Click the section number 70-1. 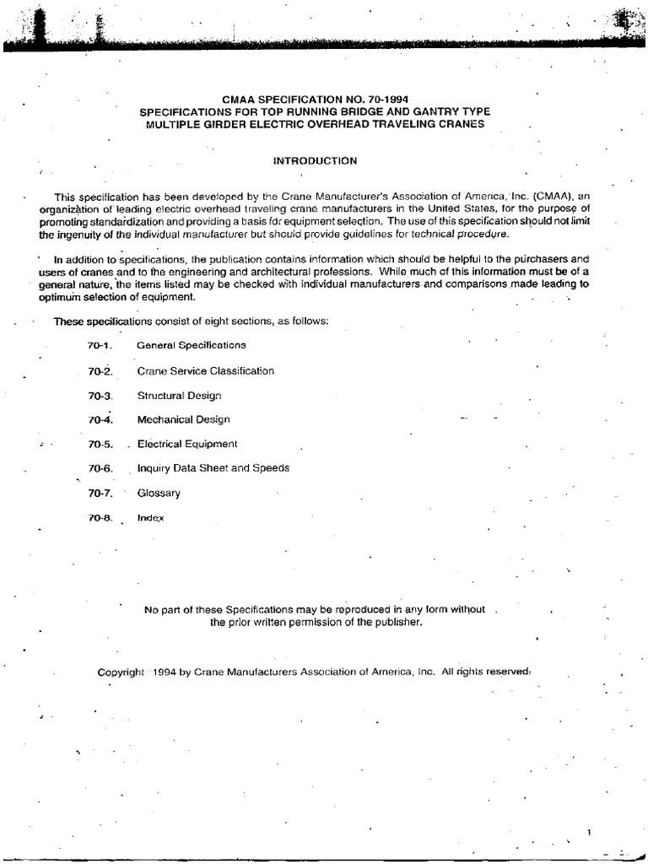pos(99,345)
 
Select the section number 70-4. pos(99,419)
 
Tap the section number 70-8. pos(99,517)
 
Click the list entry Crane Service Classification pos(205,370)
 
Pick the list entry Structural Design pos(178,395)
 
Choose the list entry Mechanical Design pos(183,419)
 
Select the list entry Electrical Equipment pos(187,444)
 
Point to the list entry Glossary pos(159,493)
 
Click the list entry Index pos(150,517)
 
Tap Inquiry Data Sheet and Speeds pos(213,468)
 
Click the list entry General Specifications pos(192,345)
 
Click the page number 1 pos(590,833)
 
